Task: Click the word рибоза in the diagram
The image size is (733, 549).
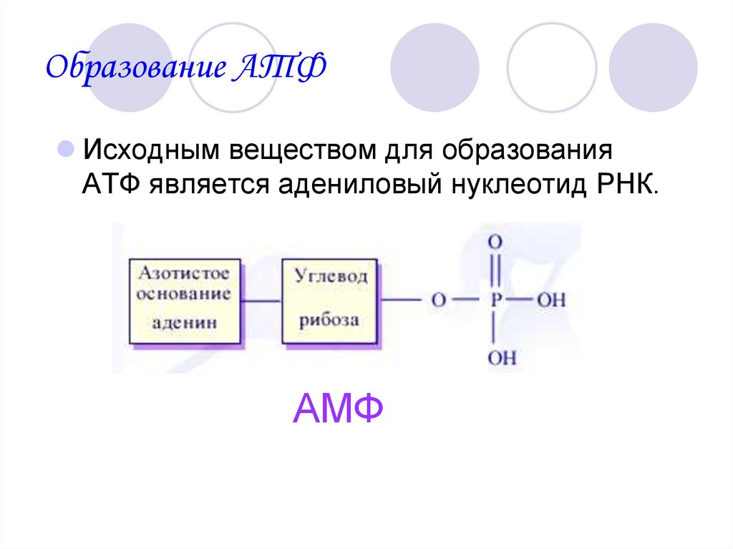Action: click(x=330, y=319)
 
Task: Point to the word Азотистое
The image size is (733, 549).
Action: click(x=184, y=273)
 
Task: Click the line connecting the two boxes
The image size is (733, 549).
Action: click(x=259, y=300)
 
